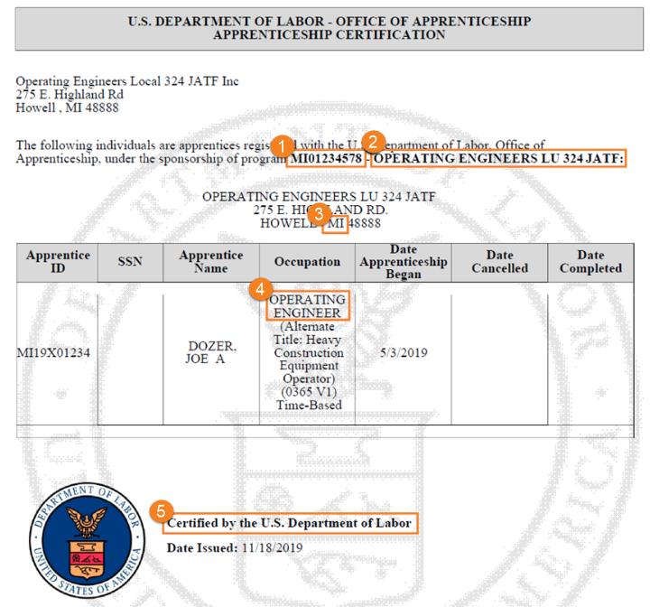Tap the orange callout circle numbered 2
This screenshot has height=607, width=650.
click(x=373, y=142)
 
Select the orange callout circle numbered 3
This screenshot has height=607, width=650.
click(x=319, y=214)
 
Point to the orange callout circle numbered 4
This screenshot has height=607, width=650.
click(x=261, y=289)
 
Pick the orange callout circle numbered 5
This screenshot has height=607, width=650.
click(x=161, y=511)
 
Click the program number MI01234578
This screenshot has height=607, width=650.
click(x=326, y=159)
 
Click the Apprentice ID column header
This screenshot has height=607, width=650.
click(x=59, y=262)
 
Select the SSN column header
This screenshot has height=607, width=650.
click(x=130, y=262)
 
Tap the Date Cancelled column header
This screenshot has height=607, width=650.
click(x=499, y=262)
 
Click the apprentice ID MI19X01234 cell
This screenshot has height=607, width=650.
click(x=52, y=352)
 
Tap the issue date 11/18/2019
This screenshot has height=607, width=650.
click(x=272, y=547)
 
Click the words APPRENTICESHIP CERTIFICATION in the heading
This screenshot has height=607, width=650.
click(x=329, y=35)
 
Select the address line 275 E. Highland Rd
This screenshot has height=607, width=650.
click(x=70, y=95)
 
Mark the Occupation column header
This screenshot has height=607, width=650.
click(x=308, y=262)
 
